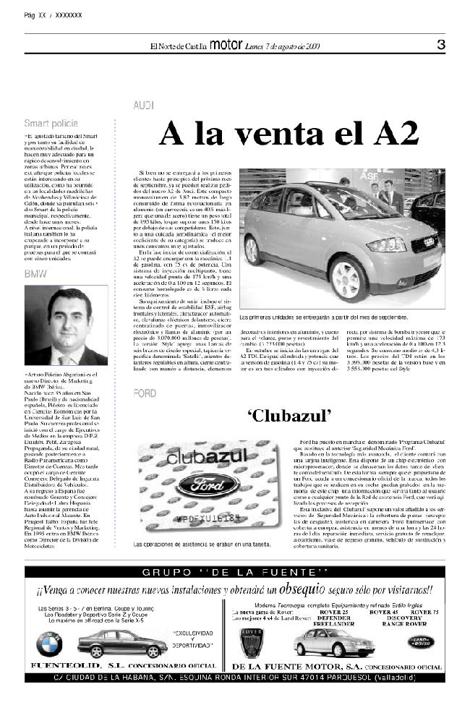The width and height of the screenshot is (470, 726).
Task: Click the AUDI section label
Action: coord(143,106)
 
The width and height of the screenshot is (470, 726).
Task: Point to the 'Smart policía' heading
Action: coord(51,124)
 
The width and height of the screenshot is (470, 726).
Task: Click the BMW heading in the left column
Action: coord(35,275)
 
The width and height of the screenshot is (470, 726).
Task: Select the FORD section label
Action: coord(145,393)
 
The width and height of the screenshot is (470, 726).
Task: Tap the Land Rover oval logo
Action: coord(419,641)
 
